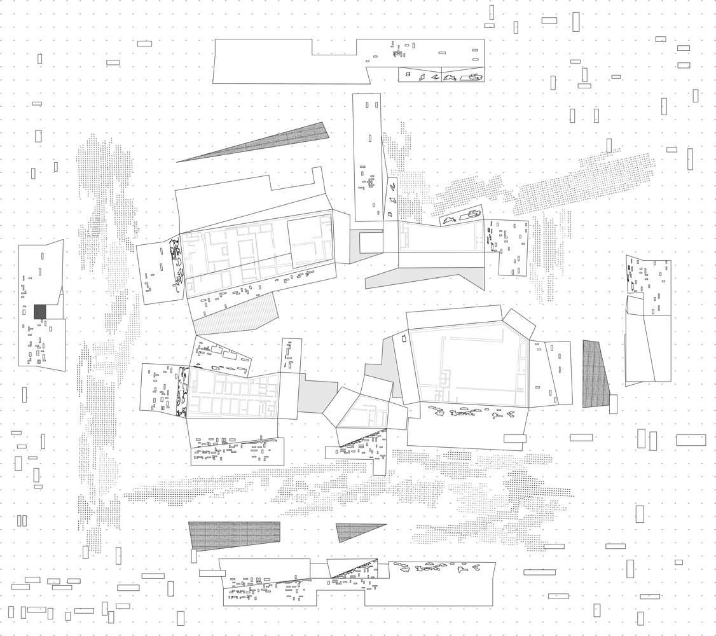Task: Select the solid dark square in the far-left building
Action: pos(40,312)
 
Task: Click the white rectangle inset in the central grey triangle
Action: pos(371,242)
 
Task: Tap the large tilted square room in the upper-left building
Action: pos(311,240)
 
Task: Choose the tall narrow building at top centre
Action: pos(368,156)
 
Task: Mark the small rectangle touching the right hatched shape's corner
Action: pos(613,403)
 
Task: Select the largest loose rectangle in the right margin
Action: pos(691,439)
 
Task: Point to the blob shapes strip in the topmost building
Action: pos(442,77)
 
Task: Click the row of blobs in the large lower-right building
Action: pos(471,413)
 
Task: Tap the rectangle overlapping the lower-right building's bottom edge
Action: pos(514,438)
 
